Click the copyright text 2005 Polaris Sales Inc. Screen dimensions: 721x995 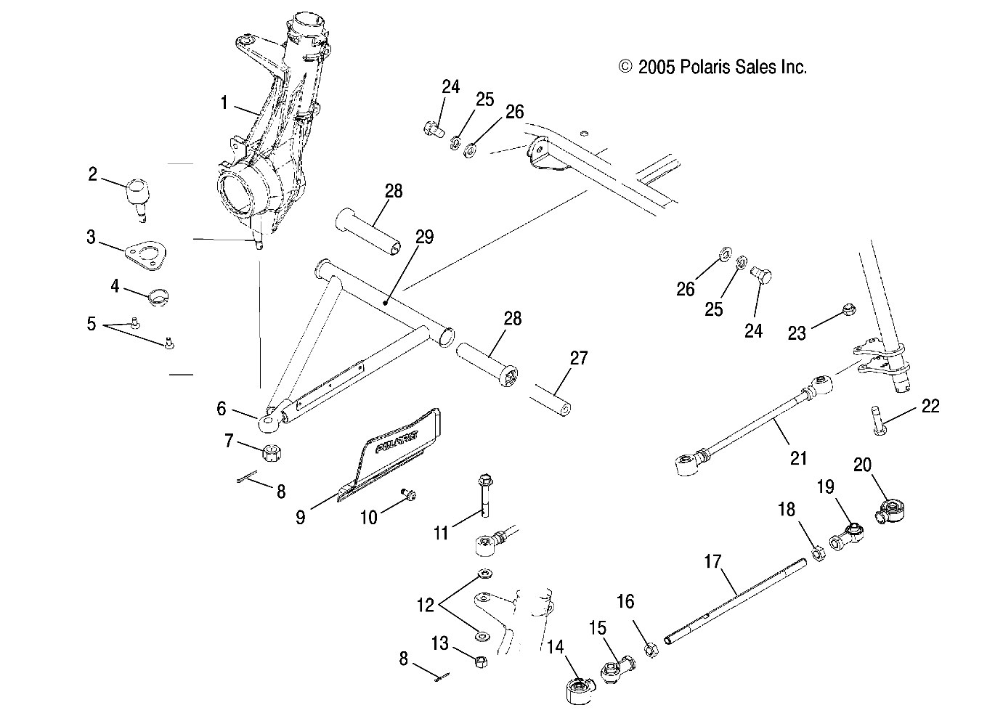[713, 68]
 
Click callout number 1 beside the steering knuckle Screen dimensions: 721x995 [224, 102]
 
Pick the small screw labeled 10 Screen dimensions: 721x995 [408, 494]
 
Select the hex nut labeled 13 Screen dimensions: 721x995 [480, 661]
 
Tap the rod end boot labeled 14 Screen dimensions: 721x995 [580, 687]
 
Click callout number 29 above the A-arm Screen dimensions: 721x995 [424, 237]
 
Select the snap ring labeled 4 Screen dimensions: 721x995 [158, 296]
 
